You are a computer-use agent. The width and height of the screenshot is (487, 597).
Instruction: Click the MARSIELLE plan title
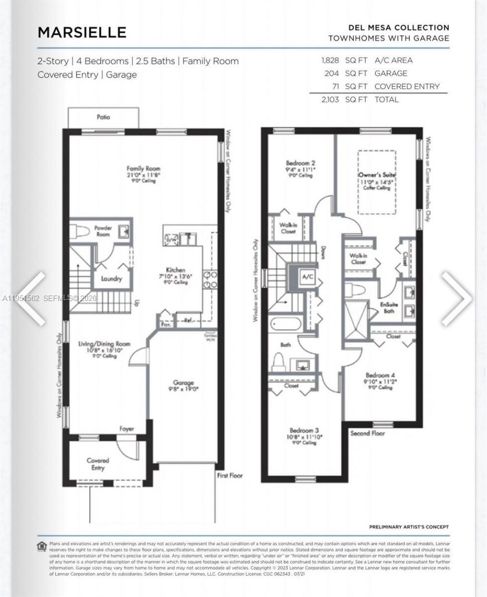(x=82, y=32)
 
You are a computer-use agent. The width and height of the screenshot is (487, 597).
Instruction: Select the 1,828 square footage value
(x=330, y=60)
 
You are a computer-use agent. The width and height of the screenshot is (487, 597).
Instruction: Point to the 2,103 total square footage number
(x=330, y=99)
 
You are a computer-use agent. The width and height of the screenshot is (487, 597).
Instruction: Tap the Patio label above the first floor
(x=103, y=117)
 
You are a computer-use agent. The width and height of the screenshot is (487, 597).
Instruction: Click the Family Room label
(x=143, y=169)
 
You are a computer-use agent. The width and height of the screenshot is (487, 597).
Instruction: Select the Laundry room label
(x=111, y=279)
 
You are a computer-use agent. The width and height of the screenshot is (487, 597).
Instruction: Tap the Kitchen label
(x=175, y=270)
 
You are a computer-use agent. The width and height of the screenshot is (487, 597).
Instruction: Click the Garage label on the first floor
(x=183, y=383)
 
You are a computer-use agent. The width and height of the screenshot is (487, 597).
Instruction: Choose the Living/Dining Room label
(x=104, y=344)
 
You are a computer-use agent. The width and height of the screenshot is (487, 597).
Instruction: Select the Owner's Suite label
(x=377, y=175)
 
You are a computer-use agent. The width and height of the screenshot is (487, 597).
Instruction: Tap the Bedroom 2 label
(x=300, y=163)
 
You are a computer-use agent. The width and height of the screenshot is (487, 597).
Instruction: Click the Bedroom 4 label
(x=380, y=375)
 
